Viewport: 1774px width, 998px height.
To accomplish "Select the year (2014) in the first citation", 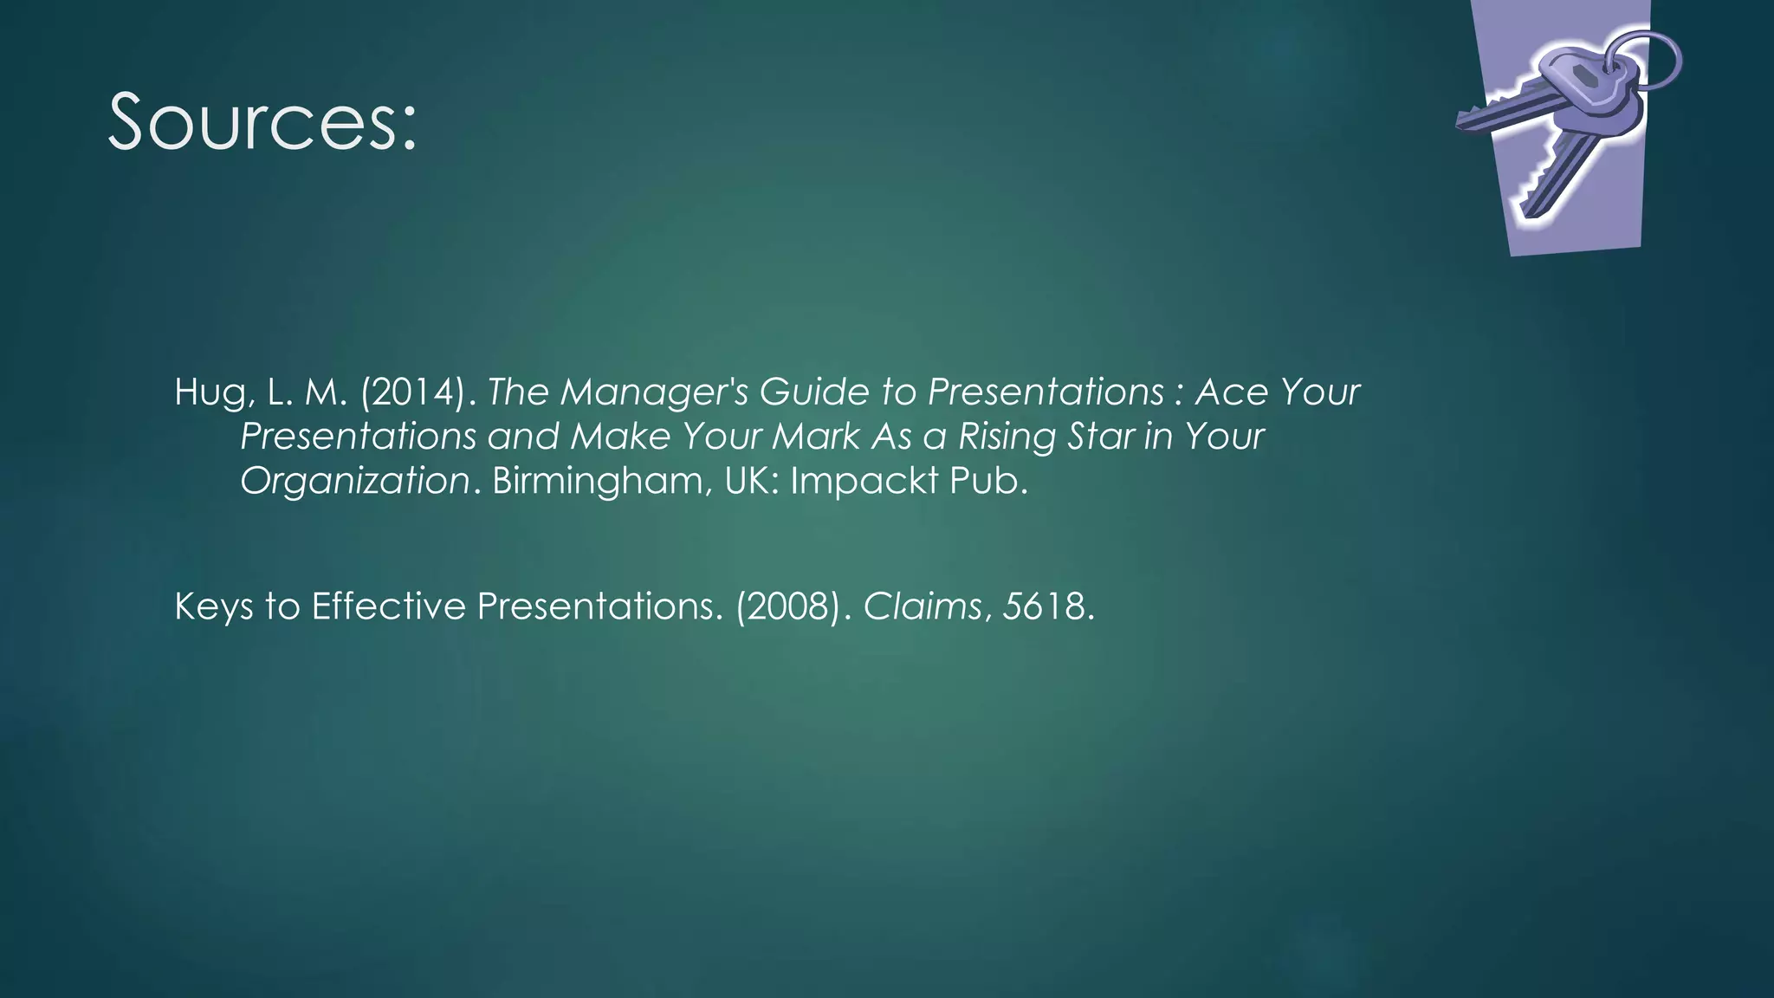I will [x=414, y=393].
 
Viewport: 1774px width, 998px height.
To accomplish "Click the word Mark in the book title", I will [x=816, y=437].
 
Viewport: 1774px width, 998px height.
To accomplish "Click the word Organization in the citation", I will [x=354, y=482].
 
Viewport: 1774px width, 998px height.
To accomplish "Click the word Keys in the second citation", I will [x=214, y=607].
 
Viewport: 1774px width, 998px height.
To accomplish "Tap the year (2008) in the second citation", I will [x=788, y=606].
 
